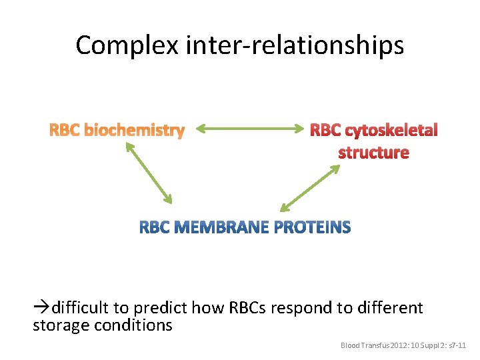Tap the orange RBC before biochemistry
tap(65, 130)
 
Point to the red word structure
tap(373, 153)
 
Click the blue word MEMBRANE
tap(220, 228)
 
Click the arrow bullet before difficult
tap(41, 307)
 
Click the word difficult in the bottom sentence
tap(81, 307)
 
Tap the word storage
tap(58, 325)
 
